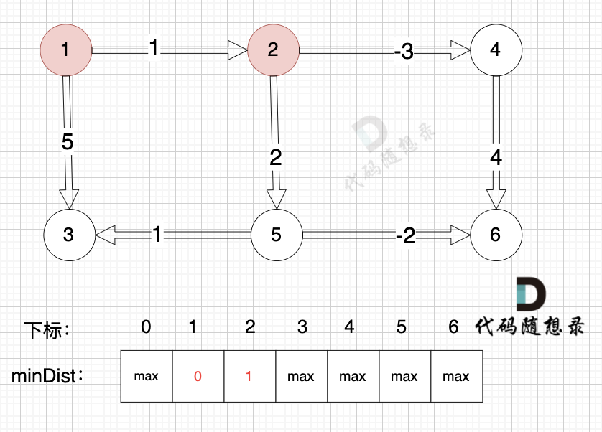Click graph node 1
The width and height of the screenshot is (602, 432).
pos(65,50)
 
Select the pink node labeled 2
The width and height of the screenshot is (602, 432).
pos(273,50)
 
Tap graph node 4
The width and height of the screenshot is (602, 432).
pos(496,50)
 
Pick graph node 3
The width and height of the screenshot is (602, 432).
pos(69,235)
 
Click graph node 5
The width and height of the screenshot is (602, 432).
pos(276,235)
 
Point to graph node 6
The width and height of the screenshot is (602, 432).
pos(496,235)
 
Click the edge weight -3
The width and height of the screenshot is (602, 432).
pos(404,52)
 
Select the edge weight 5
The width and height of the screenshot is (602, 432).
pos(68,141)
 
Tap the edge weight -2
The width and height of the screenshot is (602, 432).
pos(406,235)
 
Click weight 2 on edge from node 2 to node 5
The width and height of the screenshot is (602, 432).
pos(275,157)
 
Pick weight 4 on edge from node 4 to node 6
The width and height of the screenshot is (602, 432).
pos(496,157)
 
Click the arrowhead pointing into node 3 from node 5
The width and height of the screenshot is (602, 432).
pos(106,234)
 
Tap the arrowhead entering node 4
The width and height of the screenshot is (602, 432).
pos(460,50)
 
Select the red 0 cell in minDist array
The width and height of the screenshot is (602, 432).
pos(198,376)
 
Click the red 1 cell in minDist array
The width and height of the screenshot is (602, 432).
pos(250,376)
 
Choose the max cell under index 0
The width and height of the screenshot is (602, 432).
pos(147,376)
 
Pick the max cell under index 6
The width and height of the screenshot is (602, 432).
pos(456,376)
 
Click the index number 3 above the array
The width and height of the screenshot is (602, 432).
pos(302,327)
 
